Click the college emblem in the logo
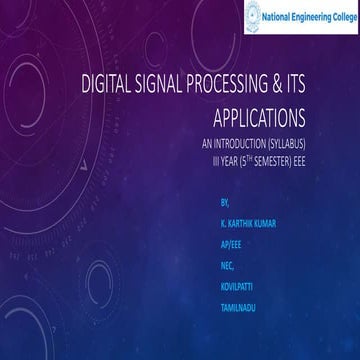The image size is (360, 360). (x=252, y=15)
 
